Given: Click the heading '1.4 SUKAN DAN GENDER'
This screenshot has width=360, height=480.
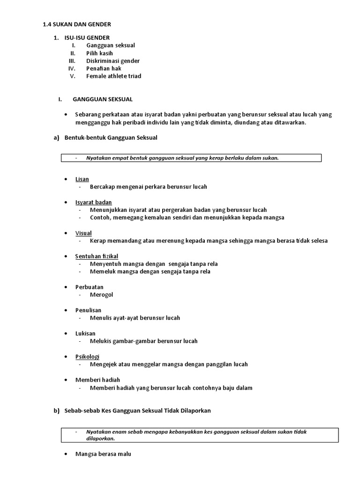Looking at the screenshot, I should [x=77, y=24].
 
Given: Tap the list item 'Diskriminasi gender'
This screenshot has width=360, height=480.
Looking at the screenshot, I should [x=112, y=61].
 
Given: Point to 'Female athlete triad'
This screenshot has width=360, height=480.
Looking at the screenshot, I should [x=113, y=76].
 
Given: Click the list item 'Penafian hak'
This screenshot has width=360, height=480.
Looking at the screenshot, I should [x=104, y=68].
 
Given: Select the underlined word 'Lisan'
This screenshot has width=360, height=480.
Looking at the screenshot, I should [x=82, y=179].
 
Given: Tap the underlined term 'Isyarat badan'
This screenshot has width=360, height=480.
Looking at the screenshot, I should [x=93, y=202].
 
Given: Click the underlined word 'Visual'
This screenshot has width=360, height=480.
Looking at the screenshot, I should [x=83, y=233].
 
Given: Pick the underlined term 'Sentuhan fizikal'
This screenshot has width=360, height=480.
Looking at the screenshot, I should [x=97, y=256].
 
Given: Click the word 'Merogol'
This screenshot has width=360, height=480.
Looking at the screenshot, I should [x=102, y=295].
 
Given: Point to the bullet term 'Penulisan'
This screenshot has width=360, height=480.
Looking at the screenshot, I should [x=88, y=310].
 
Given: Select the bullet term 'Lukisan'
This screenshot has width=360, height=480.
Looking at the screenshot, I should [x=85, y=333].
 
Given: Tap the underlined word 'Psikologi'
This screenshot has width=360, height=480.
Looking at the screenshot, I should [x=87, y=356].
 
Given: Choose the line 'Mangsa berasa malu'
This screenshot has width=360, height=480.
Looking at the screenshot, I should [x=103, y=454].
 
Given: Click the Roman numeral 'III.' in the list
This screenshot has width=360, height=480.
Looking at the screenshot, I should [x=72, y=61].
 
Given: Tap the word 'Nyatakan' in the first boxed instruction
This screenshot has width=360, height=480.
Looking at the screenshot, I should [x=97, y=158].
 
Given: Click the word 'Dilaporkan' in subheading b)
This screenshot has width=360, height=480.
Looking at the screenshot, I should [x=196, y=411].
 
